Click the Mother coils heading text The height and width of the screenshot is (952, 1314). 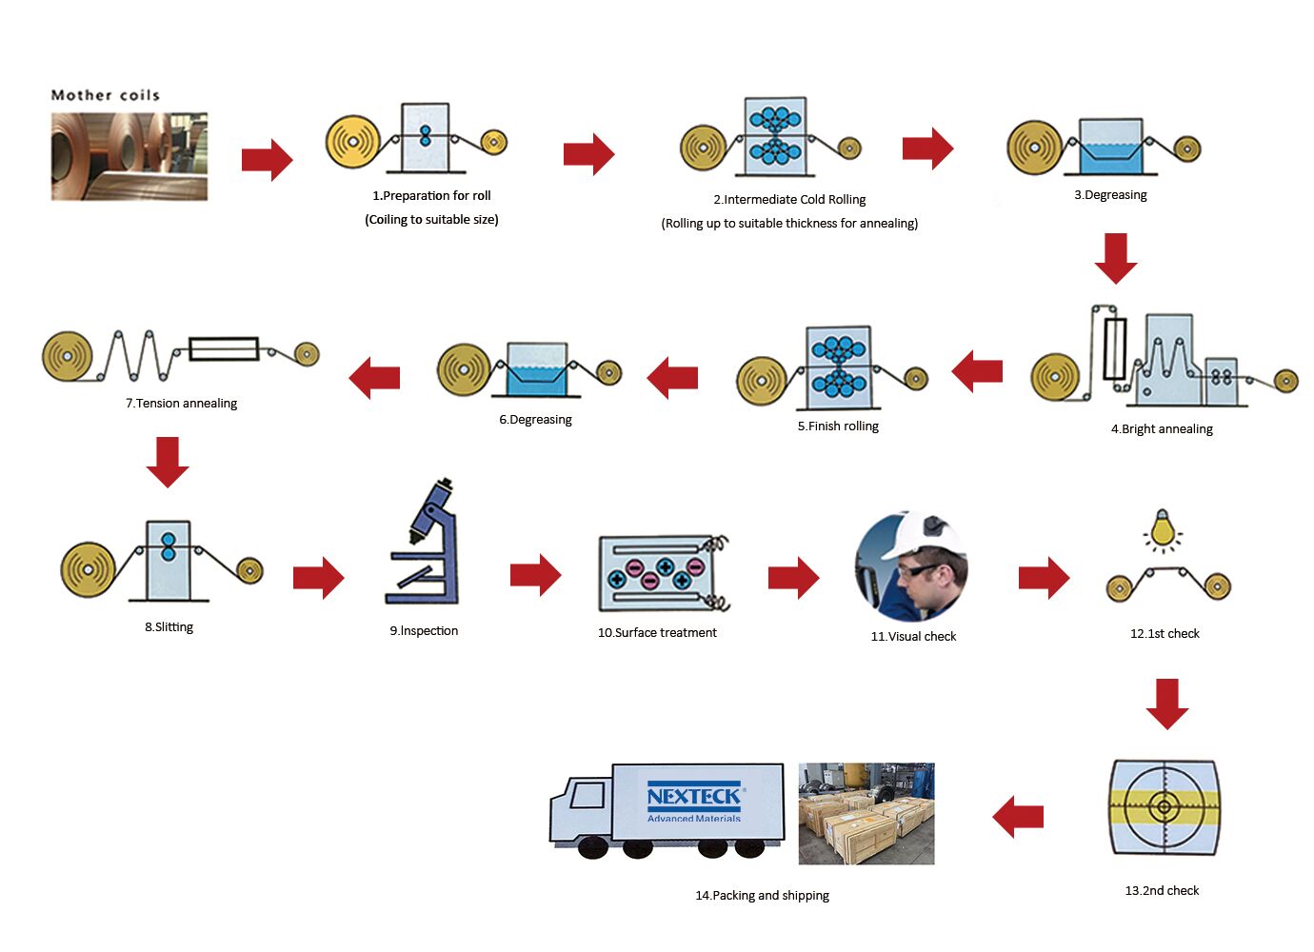(x=105, y=95)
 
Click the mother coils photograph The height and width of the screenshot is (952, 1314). (x=129, y=156)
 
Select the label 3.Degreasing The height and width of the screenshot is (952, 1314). (x=1110, y=195)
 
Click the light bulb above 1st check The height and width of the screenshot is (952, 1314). (x=1162, y=527)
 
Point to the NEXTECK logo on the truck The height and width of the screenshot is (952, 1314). (x=694, y=802)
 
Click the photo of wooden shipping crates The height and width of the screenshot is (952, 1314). (x=866, y=813)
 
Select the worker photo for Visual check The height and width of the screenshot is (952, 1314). (x=911, y=566)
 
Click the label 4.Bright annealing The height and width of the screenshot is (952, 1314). (x=1162, y=429)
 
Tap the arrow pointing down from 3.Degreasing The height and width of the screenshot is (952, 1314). (x=1116, y=258)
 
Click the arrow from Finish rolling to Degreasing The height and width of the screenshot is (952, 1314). (x=672, y=377)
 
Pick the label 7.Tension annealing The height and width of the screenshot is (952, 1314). (x=181, y=404)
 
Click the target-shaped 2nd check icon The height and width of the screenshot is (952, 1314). (x=1163, y=807)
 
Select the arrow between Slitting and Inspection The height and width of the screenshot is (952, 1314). (x=318, y=577)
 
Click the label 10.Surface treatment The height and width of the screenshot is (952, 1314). (x=657, y=633)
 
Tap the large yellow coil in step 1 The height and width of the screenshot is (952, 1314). (x=352, y=143)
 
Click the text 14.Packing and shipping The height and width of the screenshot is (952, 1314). (x=762, y=896)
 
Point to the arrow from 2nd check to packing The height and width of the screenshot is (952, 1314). (x=1018, y=816)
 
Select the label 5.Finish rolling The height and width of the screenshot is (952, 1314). (x=838, y=426)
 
